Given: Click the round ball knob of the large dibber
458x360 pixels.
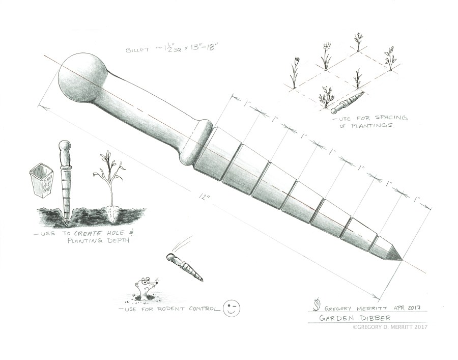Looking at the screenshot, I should click(81, 76).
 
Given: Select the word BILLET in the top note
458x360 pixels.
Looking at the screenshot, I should click(138, 50).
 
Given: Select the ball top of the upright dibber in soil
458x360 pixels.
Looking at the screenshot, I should click(64, 147).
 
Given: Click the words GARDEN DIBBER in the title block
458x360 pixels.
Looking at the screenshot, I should click(345, 318).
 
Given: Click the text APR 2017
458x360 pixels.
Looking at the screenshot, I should click(410, 307).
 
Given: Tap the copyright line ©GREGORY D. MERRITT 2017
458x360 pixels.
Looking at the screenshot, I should click(389, 327).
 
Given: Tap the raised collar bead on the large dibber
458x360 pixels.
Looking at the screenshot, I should click(198, 144).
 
